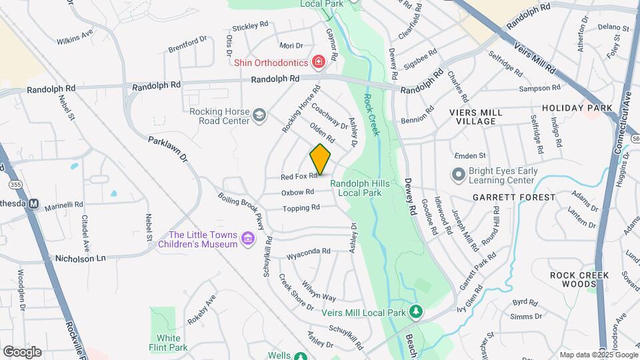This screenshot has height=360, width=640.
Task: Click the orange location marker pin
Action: [321, 159]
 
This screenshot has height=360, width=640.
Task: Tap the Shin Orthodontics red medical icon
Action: [319, 63]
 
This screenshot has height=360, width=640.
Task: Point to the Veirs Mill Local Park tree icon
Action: [416, 311]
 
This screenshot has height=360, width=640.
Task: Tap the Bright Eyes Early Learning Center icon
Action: [458, 175]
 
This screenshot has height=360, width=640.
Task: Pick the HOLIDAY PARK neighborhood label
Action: [577, 108]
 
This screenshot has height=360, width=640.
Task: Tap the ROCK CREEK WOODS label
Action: [577, 279]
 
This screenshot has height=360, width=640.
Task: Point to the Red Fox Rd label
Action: [298, 177]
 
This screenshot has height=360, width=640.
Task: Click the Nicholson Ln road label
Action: [80, 258]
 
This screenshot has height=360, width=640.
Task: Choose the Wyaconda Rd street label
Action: [308, 251]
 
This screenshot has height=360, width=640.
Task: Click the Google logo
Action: [22, 352]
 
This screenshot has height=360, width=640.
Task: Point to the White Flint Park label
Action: [169, 343]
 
